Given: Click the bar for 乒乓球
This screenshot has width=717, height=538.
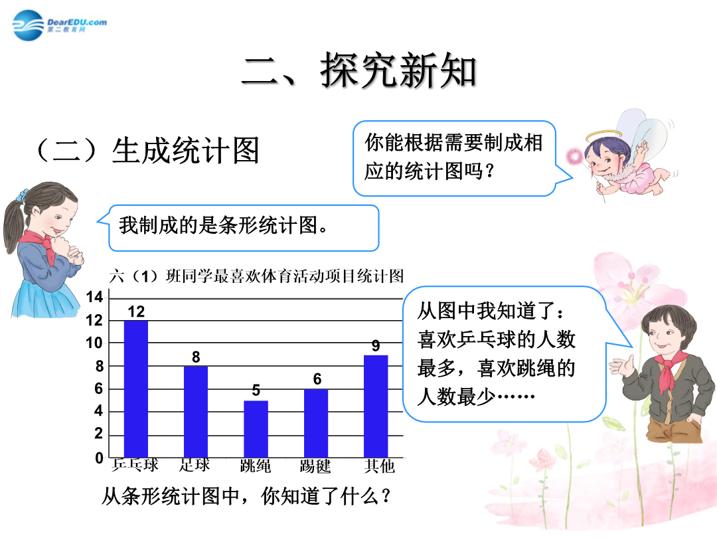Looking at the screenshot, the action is pos(136,389).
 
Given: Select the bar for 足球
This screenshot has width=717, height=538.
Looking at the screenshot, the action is pos(196,412).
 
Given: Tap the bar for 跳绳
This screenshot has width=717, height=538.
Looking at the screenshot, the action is pos(256,429).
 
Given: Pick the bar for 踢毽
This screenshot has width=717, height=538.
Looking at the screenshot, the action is pos(316,423).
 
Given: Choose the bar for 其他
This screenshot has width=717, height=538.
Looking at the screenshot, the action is pos(376,406).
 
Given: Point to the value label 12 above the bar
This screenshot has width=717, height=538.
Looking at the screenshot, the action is pos(136,312).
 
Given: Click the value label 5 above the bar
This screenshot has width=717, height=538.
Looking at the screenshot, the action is pos(256,391).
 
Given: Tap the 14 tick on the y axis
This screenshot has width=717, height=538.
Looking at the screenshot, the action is pos(95,298).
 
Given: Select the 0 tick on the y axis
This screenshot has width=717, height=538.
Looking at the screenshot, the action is pos(99,458).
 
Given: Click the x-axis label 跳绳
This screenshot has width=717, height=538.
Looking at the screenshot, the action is pos(256,466).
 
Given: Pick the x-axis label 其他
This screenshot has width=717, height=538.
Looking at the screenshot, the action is pos(380,466).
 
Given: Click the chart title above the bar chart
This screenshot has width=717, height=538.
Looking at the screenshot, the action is pos(256,276).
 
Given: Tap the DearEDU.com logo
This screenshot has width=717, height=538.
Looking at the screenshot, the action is pos(60,25).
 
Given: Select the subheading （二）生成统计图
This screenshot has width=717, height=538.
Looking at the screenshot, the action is pos(147,150).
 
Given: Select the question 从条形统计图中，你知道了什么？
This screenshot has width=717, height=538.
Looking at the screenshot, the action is pos(247,496).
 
